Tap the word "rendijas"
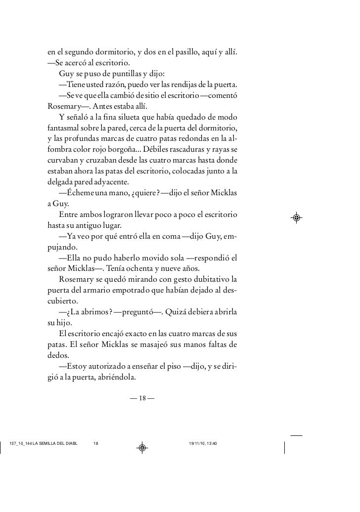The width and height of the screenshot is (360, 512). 185,85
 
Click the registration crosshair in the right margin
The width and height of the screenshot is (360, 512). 297,217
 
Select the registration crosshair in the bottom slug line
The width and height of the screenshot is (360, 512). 142,447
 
